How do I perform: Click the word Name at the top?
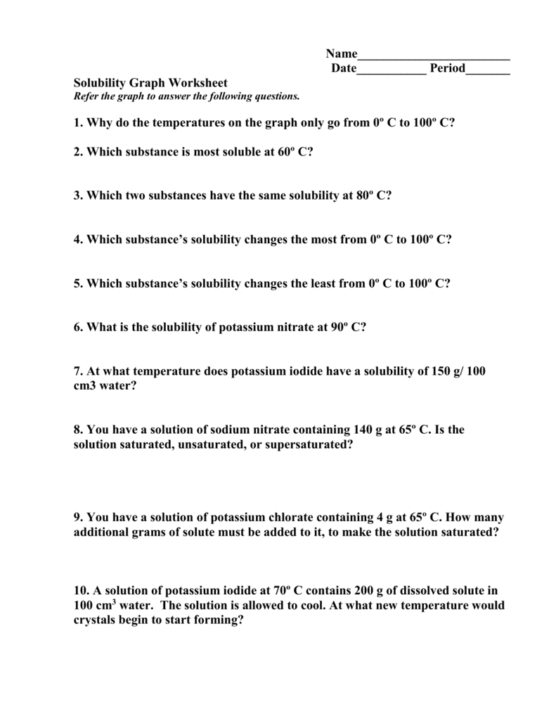tap(342, 54)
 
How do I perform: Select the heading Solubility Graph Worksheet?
tap(151, 83)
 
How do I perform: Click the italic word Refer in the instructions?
tap(87, 96)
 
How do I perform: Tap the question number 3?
tap(77, 195)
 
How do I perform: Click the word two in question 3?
tap(129, 195)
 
